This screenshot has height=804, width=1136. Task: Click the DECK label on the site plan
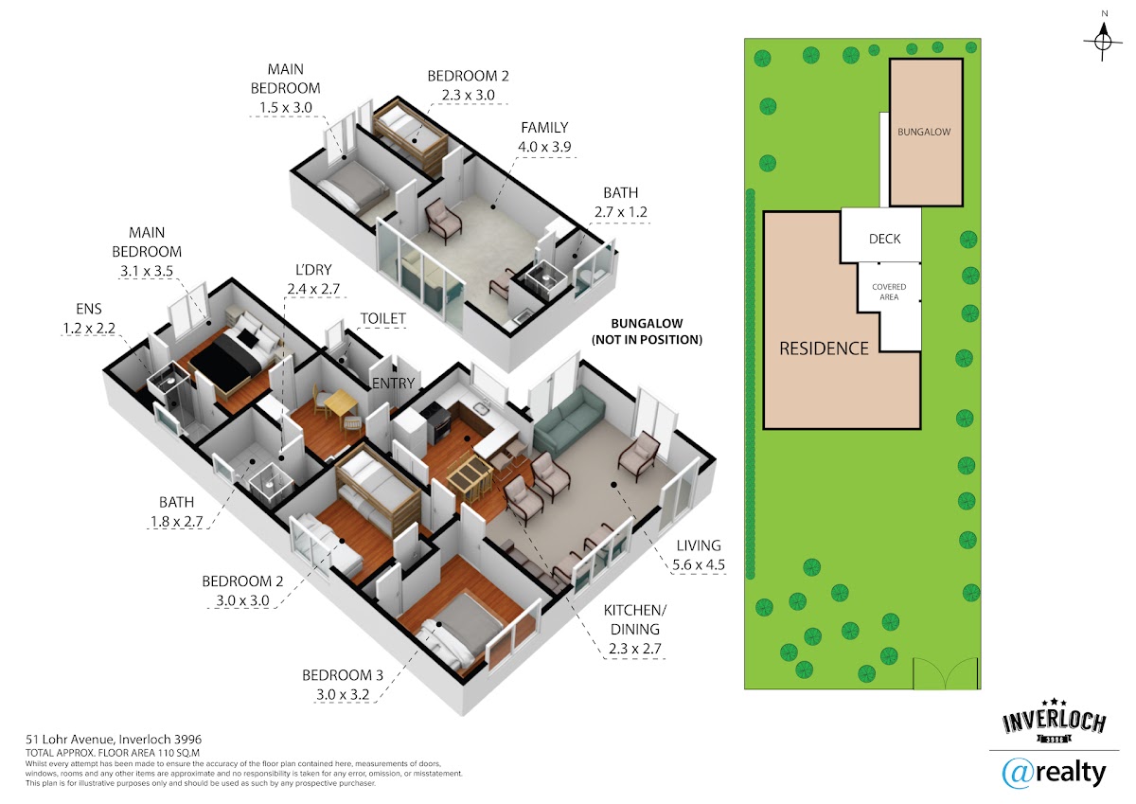[884, 239]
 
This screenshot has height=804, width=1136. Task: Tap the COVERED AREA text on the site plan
[889, 292]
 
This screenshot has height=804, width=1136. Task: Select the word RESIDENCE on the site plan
[824, 348]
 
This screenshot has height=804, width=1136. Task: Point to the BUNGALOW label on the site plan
[924, 132]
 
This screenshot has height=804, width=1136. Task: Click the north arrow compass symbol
[1104, 41]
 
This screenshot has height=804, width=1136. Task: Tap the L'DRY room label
[313, 269]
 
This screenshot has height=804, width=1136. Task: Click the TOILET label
[382, 318]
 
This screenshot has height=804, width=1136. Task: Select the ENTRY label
[394, 383]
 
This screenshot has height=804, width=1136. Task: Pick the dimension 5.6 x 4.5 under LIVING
[699, 564]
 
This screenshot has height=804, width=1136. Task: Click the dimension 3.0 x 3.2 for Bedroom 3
[343, 694]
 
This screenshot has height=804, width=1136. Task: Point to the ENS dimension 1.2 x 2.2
[89, 329]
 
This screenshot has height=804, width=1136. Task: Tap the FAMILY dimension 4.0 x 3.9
[544, 147]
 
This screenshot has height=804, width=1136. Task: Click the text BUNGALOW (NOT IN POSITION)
[648, 331]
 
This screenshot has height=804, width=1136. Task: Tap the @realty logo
[1054, 773]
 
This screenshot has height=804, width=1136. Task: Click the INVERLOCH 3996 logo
[1054, 721]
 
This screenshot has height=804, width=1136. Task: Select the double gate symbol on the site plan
[946, 673]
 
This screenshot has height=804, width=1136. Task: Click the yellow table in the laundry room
[341, 405]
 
